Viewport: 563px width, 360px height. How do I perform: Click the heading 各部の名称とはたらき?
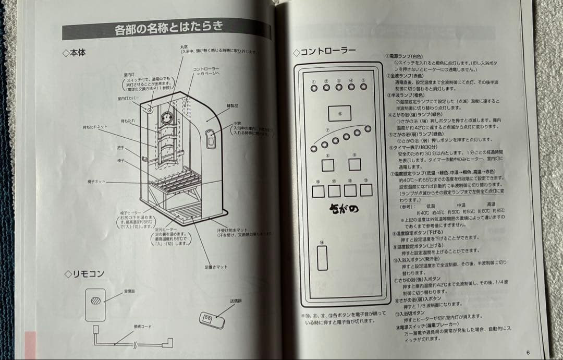coord(168,28)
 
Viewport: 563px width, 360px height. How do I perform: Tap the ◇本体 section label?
coord(74,53)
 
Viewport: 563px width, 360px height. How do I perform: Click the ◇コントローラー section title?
coord(324,52)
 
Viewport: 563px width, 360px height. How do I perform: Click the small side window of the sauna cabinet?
coord(211,138)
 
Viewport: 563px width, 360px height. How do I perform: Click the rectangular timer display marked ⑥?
coord(339,113)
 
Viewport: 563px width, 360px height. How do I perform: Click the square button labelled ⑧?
coord(327,165)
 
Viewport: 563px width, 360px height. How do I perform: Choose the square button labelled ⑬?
coord(366,190)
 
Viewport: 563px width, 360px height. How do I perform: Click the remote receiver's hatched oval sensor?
coord(95,301)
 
